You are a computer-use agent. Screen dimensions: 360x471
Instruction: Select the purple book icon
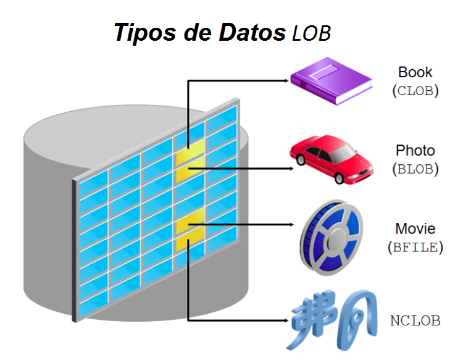(331, 83)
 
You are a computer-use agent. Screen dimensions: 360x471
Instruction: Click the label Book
(415, 73)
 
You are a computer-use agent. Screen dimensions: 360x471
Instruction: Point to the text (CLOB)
(415, 91)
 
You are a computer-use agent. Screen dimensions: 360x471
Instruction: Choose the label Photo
(415, 151)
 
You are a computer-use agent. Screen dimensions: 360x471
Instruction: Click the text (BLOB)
(415, 169)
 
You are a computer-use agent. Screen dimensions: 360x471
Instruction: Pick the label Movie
(415, 229)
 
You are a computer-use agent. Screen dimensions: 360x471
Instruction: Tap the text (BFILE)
(415, 247)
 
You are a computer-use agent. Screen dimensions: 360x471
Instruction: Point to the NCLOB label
(415, 321)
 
